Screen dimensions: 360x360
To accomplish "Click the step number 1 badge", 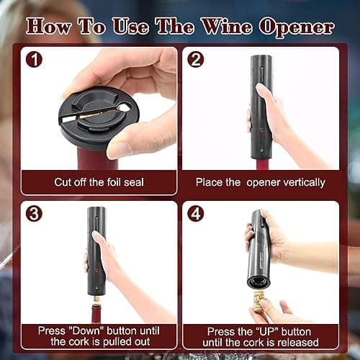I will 34,60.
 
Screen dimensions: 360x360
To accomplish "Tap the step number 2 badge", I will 195,60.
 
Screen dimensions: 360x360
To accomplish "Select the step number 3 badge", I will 34,214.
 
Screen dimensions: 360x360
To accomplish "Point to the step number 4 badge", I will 195,214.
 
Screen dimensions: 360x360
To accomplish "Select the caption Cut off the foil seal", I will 98,181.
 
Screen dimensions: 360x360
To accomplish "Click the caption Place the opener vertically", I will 260,181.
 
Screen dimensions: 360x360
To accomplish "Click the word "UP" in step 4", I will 269,330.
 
